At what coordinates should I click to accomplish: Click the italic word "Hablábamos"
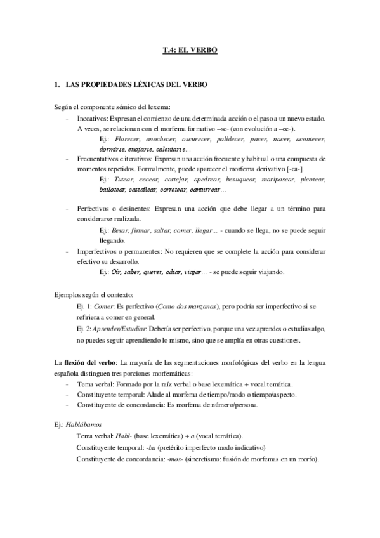(87, 426)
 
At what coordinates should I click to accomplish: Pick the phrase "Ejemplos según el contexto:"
(93, 294)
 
